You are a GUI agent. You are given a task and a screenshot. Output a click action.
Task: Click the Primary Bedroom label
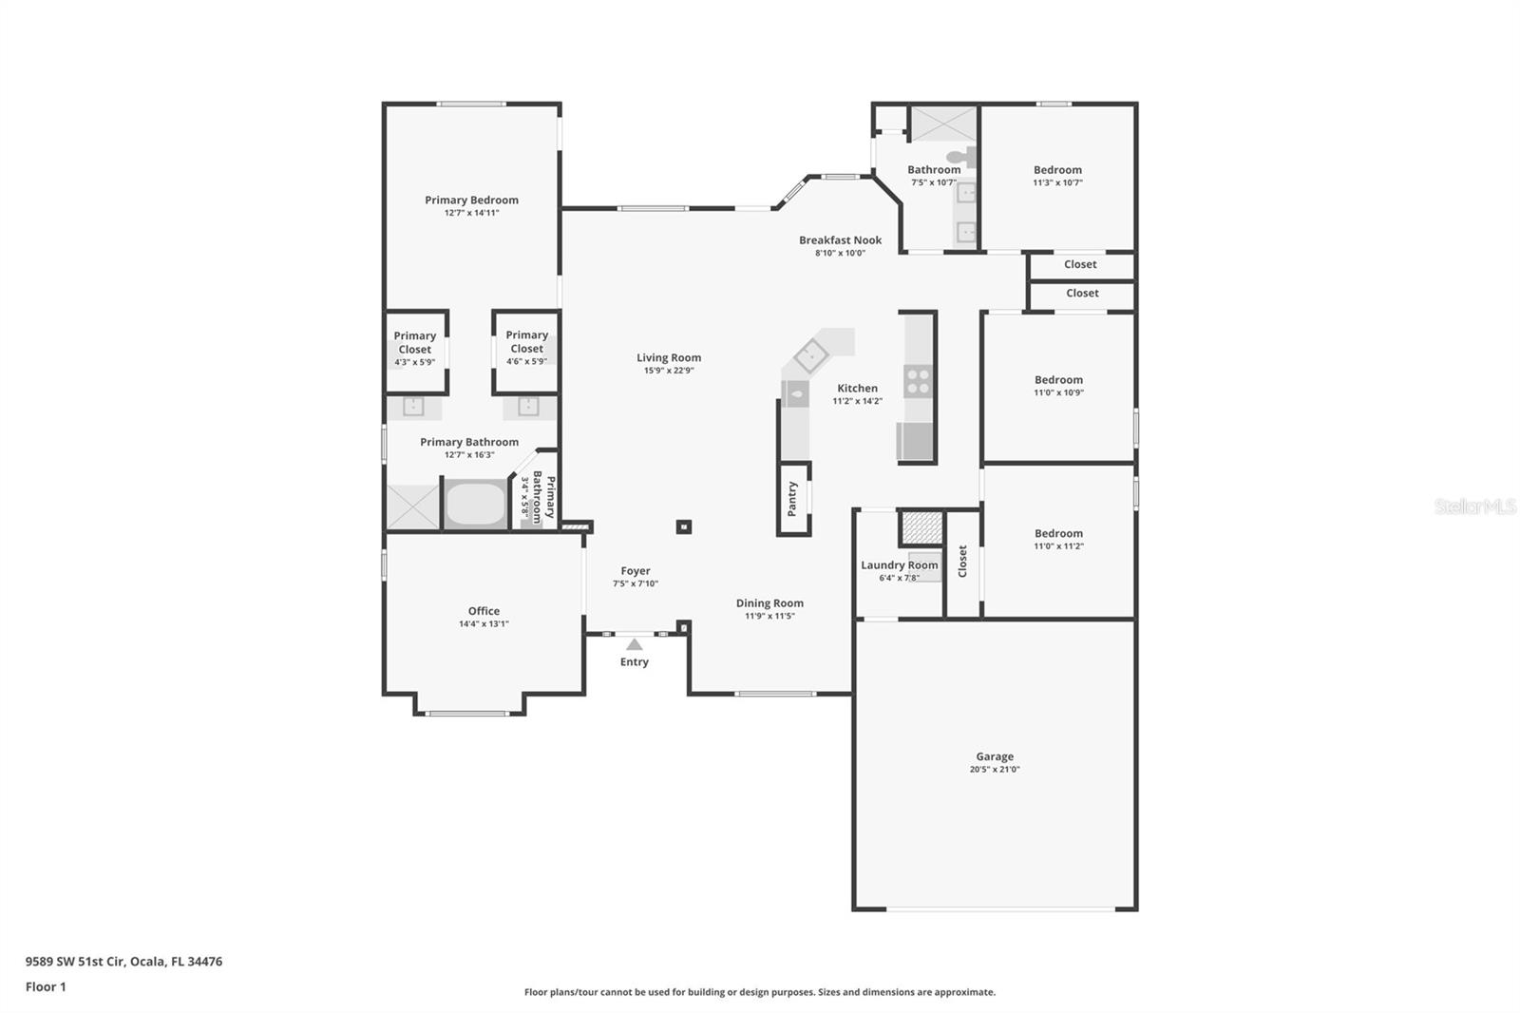click(x=471, y=201)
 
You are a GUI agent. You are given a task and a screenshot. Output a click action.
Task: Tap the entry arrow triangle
click(x=634, y=644)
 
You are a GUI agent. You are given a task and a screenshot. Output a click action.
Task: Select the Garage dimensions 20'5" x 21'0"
click(x=994, y=770)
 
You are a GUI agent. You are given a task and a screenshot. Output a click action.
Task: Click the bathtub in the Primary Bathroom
click(x=475, y=505)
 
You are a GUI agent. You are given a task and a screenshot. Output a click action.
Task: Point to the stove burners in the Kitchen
click(x=918, y=381)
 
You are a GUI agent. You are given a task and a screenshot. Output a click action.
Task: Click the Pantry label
click(x=792, y=499)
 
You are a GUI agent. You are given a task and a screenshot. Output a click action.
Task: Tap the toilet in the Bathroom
click(x=961, y=158)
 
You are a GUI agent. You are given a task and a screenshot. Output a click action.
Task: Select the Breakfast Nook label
click(x=840, y=240)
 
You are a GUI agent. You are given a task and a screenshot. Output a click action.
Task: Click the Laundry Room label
click(x=899, y=565)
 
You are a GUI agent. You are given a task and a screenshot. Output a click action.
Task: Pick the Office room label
click(x=484, y=611)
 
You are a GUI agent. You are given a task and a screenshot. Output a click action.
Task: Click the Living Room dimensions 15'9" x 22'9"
click(x=669, y=371)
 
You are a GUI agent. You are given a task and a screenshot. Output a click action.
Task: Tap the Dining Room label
click(x=769, y=603)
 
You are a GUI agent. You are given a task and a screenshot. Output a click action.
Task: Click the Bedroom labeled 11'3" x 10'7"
click(x=1057, y=170)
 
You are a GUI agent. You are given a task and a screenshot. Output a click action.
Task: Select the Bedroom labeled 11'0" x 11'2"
click(x=1058, y=534)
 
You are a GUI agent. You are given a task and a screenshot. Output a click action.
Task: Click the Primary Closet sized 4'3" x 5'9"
click(x=415, y=342)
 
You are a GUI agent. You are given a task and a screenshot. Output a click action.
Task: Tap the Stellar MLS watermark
click(x=1474, y=507)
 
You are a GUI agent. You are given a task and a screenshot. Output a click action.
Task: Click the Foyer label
click(x=636, y=571)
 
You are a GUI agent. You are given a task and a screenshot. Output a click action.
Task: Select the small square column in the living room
click(x=683, y=526)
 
